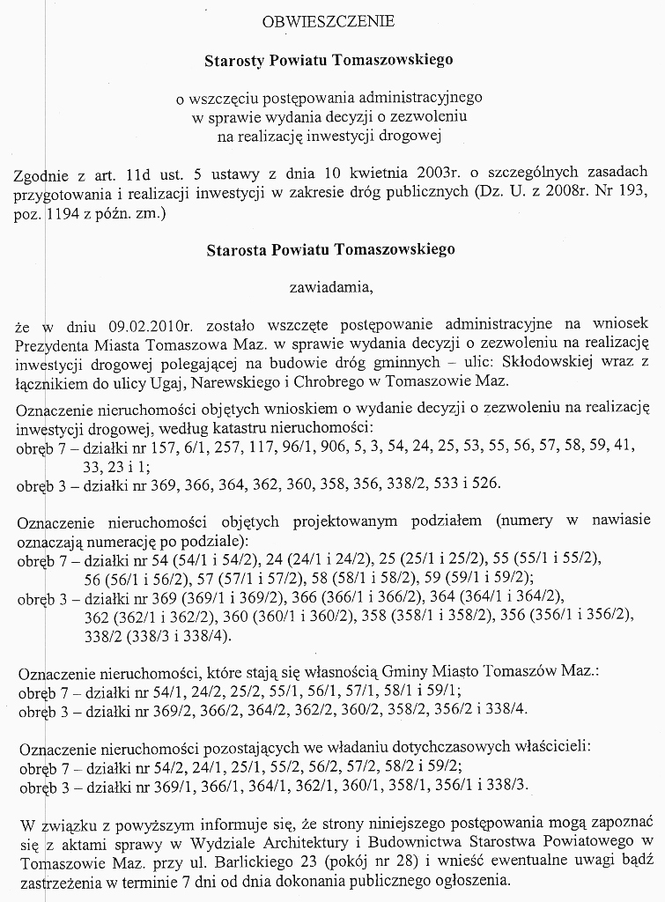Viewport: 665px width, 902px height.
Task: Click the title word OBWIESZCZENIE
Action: pos(329,20)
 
